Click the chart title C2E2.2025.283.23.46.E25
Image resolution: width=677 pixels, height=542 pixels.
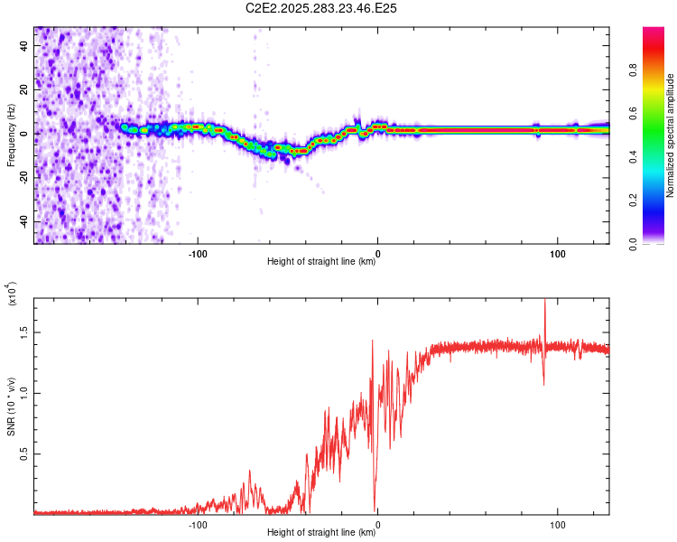click(322, 8)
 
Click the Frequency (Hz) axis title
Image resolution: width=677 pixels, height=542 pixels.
click(12, 135)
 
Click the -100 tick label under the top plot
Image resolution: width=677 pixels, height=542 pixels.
click(198, 252)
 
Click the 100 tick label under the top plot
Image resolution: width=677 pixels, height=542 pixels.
click(557, 252)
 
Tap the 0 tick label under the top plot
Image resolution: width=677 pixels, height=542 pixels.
click(377, 252)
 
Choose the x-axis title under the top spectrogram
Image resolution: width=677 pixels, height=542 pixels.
click(321, 263)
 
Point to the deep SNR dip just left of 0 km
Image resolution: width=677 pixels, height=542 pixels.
click(375, 508)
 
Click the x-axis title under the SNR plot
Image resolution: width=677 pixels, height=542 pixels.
click(321, 533)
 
